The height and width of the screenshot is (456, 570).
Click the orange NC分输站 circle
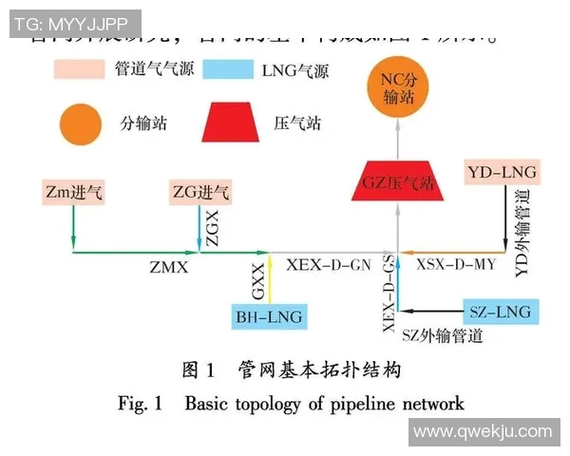398,92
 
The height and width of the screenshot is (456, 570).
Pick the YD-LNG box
503,173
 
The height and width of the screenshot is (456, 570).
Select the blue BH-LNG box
269,316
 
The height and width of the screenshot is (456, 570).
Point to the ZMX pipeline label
168,268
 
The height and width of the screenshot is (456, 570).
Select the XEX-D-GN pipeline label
329,266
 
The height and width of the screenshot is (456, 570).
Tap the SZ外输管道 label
442,335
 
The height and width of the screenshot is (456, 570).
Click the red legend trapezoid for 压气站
228,123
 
